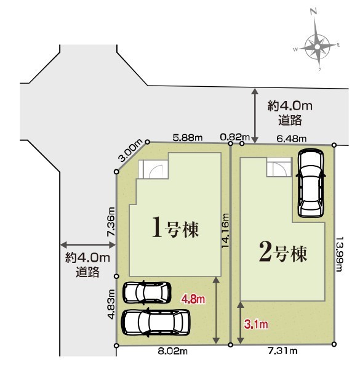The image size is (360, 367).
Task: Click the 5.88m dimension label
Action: click(188, 138)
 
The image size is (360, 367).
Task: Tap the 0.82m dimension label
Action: click(235, 137)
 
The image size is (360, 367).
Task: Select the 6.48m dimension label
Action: click(292, 139)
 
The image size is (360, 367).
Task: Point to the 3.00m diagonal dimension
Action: click(130, 150)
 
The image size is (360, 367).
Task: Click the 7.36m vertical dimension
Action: click(111, 222)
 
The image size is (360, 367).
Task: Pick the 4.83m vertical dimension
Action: click(111, 304)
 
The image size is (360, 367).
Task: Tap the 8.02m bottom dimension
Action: click(173, 351)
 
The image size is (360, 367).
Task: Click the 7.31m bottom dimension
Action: click(282, 350)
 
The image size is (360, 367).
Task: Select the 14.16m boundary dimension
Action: click(225, 231)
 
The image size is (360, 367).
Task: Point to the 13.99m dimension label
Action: click(340, 254)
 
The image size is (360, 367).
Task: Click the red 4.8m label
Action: click(193, 299)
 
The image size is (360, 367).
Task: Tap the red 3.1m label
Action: click(256, 325)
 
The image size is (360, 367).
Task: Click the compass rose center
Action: click(317, 47)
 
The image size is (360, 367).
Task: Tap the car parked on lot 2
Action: click(311, 183)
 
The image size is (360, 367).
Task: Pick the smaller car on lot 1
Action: click(146, 293)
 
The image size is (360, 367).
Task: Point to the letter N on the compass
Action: click(314, 11)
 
